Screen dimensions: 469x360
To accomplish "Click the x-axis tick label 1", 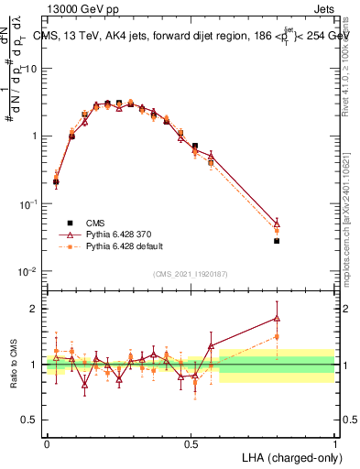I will pyautogui.click(x=334, y=442).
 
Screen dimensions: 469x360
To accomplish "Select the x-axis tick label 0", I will pyautogui.click(x=47, y=442).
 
